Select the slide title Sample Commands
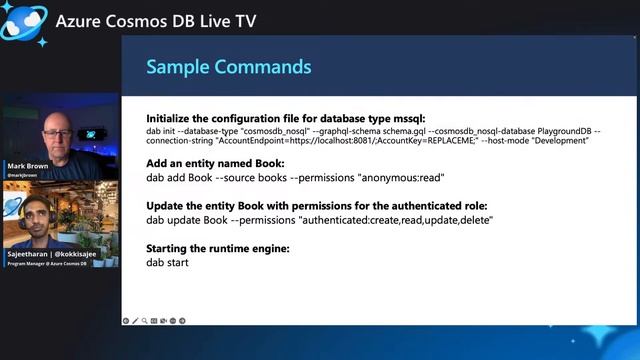point(228,67)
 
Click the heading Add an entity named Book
point(215,163)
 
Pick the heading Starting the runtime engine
point(218,248)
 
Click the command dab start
point(167,262)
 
